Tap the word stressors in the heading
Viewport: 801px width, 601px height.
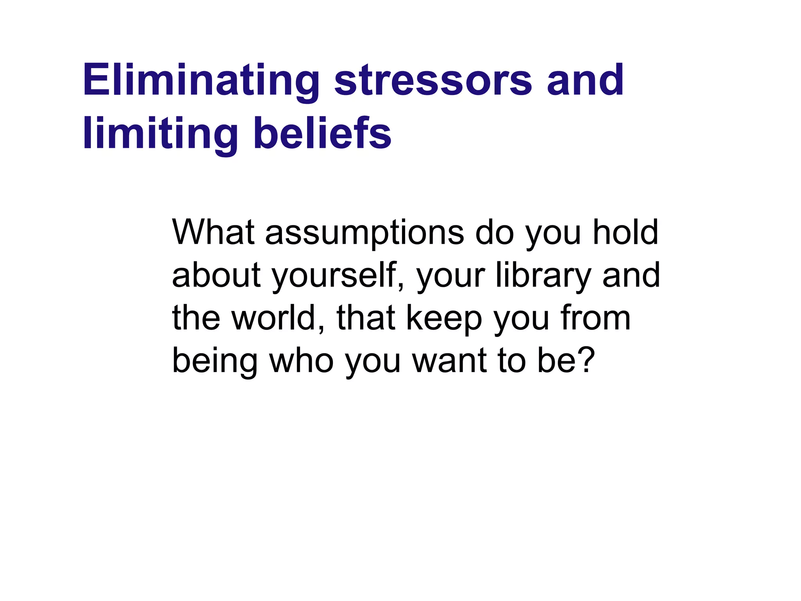click(433, 81)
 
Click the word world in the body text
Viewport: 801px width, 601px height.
click(278, 318)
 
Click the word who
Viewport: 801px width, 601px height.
click(301, 360)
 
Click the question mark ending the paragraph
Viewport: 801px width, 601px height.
click(586, 360)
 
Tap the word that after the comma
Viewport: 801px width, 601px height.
click(366, 318)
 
